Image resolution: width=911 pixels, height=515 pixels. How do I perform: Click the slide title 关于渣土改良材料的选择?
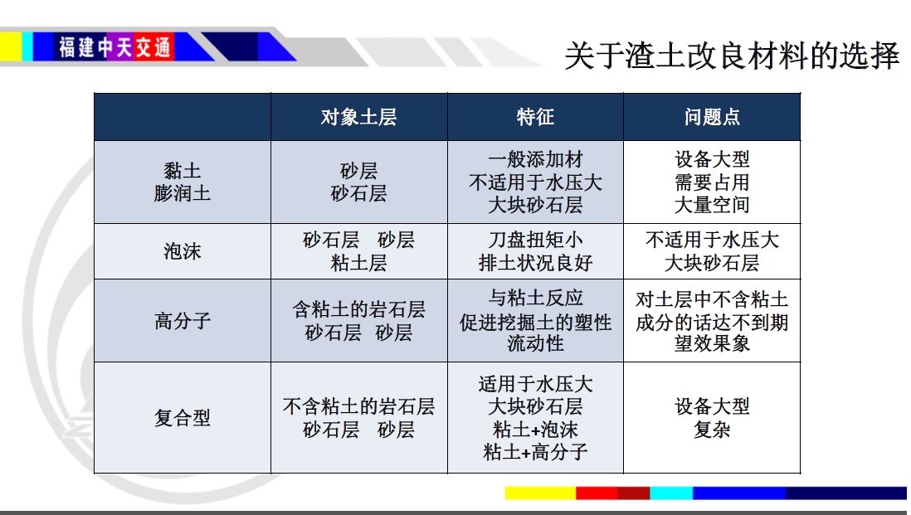coord(732,56)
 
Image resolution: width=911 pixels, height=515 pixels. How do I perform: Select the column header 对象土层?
coord(358,117)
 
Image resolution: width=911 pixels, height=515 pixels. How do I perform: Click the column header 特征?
coord(535,117)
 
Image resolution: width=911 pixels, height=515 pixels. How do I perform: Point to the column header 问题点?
coord(712,117)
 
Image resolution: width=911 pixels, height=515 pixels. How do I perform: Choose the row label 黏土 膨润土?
coord(183,182)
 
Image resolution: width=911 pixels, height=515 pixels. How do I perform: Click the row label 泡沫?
coord(183,251)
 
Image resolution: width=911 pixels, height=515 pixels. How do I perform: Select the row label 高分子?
coord(183,320)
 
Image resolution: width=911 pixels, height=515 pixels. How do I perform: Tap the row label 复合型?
coord(183,417)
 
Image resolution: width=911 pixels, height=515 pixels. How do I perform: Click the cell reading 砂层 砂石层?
coord(358,182)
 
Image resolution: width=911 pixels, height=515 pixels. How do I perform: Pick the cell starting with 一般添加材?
coord(535,182)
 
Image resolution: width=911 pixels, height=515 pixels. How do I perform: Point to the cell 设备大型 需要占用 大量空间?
coord(712,182)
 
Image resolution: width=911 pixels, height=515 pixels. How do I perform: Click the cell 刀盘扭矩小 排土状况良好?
coord(535,251)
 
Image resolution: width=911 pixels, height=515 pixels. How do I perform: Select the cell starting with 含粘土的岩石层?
coord(358,320)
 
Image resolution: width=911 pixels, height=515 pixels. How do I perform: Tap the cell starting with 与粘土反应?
coord(535,320)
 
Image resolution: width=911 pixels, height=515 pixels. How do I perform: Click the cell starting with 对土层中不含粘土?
coord(712,320)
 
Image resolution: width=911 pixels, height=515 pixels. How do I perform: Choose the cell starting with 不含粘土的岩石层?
coord(358,417)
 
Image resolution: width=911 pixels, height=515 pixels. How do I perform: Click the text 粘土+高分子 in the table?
coord(535,452)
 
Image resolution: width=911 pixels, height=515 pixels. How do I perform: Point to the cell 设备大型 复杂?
coord(712,417)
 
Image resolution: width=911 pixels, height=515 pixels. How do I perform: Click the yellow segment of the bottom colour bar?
coord(540,493)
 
